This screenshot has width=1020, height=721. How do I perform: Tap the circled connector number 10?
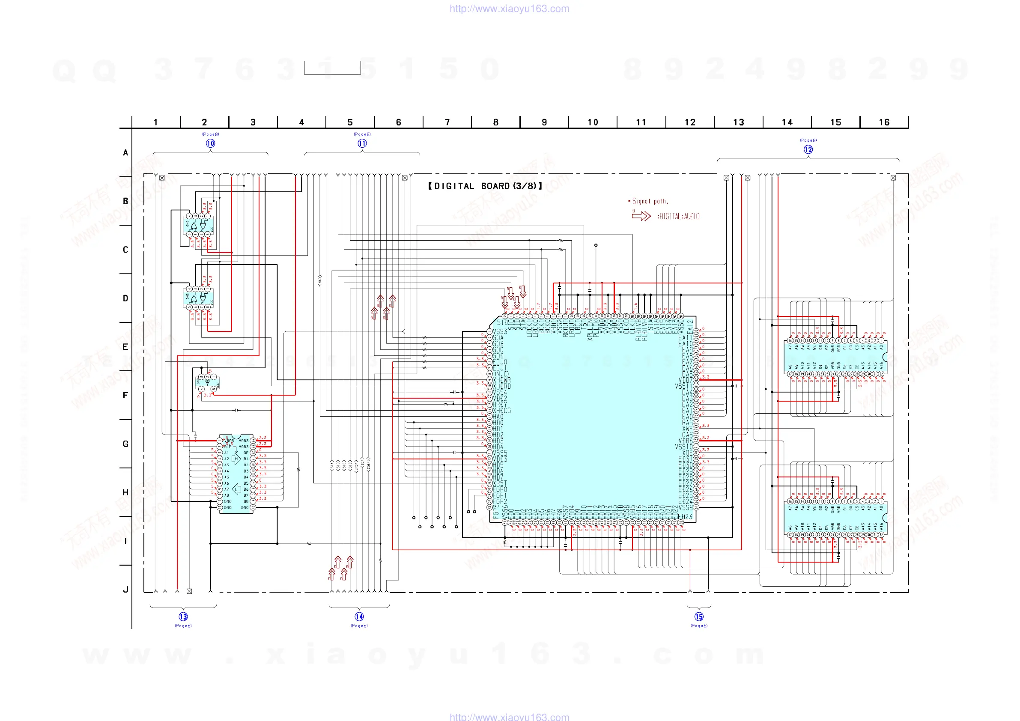(211, 143)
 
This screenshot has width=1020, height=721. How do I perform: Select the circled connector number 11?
(362, 143)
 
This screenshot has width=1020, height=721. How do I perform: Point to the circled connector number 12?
(808, 150)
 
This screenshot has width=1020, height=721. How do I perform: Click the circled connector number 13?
(183, 617)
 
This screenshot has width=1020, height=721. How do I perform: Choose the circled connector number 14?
(359, 617)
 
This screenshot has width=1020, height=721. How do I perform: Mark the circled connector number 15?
(699, 617)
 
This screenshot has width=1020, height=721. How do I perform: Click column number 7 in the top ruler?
(447, 122)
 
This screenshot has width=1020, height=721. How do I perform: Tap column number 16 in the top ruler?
(884, 122)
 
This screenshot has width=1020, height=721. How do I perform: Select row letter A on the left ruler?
(126, 153)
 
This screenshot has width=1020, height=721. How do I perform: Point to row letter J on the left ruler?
(126, 590)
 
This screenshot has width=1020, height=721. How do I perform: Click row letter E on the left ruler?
(126, 347)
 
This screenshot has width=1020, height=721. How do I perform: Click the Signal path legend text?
(650, 201)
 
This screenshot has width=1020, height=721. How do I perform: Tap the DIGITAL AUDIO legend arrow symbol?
(641, 216)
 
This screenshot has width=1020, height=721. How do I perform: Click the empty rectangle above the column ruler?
(332, 68)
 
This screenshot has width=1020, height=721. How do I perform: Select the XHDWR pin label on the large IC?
(501, 380)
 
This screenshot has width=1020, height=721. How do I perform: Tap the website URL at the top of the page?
(509, 9)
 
